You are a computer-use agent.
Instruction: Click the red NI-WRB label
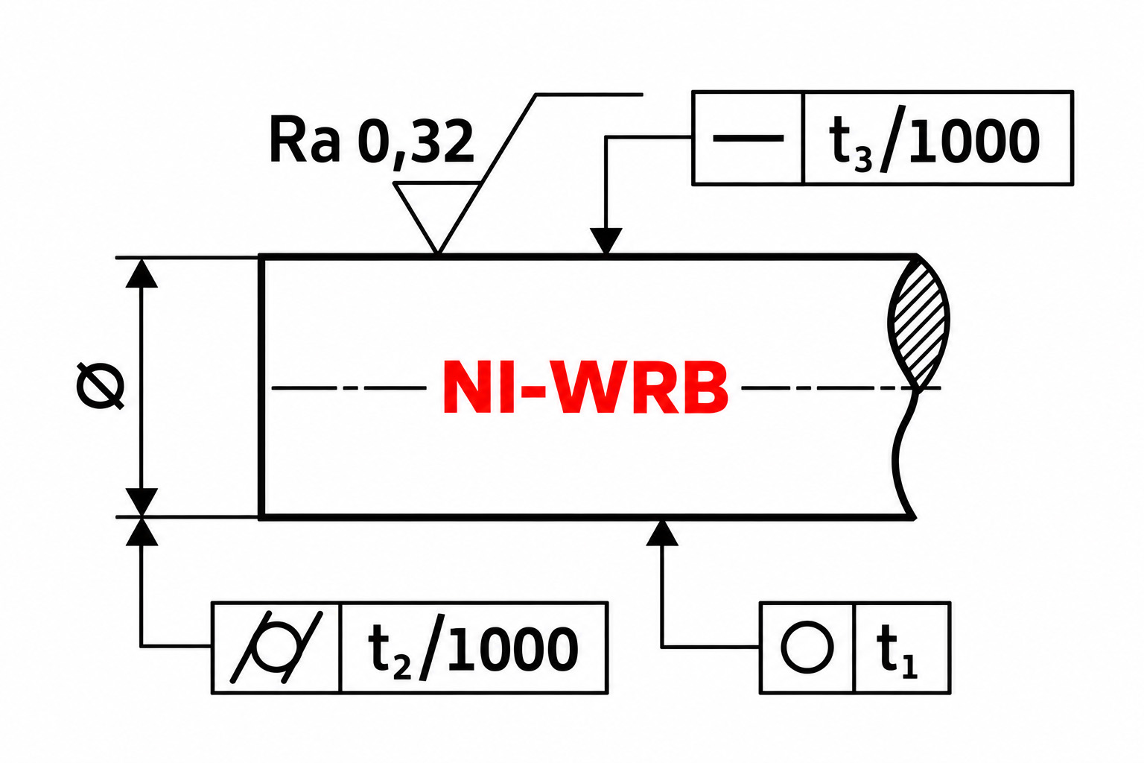click(x=585, y=387)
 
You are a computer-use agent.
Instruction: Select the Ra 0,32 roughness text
click(x=372, y=140)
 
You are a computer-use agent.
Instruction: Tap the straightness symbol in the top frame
click(x=748, y=138)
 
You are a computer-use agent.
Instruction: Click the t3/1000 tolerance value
click(x=934, y=139)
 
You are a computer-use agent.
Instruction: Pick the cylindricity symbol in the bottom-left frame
click(x=276, y=647)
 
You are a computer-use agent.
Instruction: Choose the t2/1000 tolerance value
click(x=473, y=648)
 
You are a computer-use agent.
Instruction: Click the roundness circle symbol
click(x=807, y=647)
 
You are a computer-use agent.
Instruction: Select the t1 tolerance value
click(x=897, y=650)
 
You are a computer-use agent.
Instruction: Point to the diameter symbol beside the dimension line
click(x=100, y=386)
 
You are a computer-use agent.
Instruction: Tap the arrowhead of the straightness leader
click(x=606, y=241)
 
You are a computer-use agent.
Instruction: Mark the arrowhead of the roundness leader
click(x=662, y=533)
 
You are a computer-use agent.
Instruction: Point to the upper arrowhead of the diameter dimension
click(x=142, y=273)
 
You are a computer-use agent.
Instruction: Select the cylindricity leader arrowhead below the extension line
click(x=142, y=531)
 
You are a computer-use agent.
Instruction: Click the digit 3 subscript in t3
click(x=863, y=159)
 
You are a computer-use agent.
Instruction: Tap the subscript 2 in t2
click(x=402, y=668)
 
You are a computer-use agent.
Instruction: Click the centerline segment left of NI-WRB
click(x=349, y=388)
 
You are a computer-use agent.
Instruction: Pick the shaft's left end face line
click(x=261, y=387)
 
